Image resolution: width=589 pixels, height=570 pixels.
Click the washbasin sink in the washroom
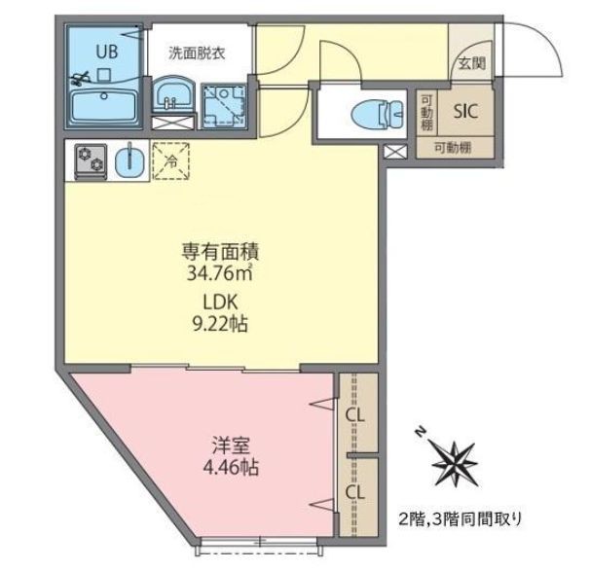(175, 97)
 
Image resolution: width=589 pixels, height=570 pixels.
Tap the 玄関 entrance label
(472, 64)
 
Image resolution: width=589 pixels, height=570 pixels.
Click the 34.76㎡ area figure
(220, 270)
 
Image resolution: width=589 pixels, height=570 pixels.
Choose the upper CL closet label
(355, 418)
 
